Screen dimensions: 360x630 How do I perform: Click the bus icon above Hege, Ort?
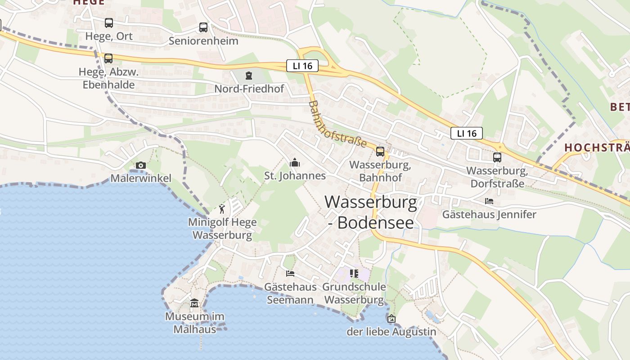(108, 22)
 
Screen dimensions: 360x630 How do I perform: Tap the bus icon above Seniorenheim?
(203, 27)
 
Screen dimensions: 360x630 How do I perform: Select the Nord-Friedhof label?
(249, 89)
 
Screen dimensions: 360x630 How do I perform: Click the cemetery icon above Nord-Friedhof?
(249, 75)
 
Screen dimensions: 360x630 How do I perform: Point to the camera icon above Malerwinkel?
(141, 165)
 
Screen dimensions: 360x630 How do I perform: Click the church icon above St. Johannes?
(295, 162)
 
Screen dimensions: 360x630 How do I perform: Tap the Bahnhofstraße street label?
(337, 124)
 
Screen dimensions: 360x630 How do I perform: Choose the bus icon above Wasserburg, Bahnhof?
(380, 151)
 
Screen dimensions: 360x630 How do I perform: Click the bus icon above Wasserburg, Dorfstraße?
(497, 157)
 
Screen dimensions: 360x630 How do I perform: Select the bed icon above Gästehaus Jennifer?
(489, 201)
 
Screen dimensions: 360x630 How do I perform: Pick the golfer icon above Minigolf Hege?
(222, 208)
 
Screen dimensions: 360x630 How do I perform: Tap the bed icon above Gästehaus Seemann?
(290, 273)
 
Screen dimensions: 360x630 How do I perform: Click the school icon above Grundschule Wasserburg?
(354, 273)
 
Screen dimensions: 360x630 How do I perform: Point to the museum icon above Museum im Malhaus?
(194, 303)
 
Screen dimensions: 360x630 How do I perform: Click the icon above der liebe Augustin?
(391, 319)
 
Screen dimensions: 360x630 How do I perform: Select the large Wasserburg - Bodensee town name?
(371, 212)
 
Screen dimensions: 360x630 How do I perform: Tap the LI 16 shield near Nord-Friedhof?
(302, 66)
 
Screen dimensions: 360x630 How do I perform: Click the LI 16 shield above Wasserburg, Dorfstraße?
(466, 133)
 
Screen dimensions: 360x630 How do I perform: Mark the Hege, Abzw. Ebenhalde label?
(108, 78)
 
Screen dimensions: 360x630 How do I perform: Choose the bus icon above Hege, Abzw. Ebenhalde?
(108, 58)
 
